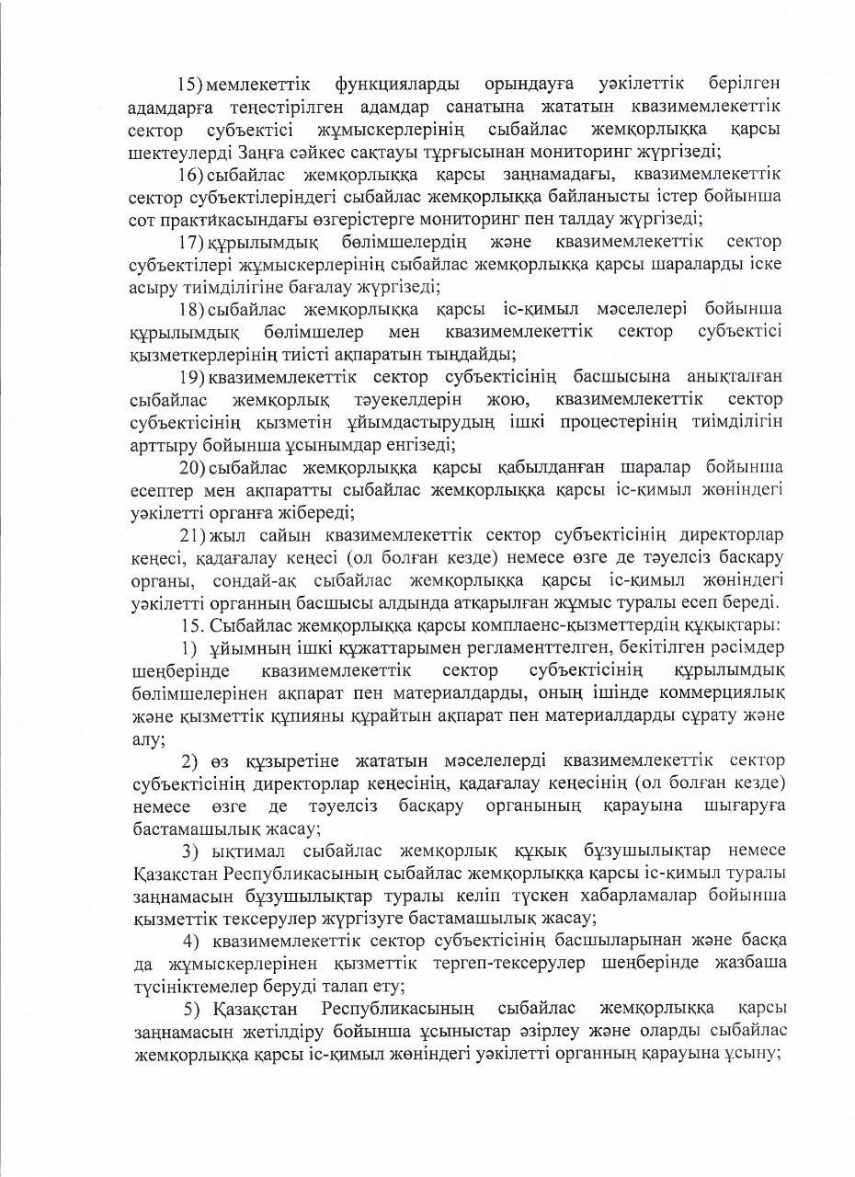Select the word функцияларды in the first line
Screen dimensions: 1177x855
397,85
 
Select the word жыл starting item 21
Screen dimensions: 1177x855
225,535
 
